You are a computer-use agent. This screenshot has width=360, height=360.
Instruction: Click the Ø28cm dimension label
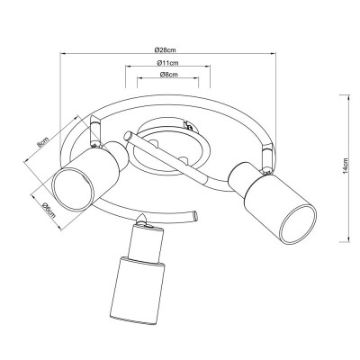tap(164, 46)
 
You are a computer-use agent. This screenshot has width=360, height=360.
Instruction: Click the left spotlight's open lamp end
tap(69, 190)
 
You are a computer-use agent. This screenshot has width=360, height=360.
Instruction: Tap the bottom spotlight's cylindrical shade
tap(136, 289)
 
